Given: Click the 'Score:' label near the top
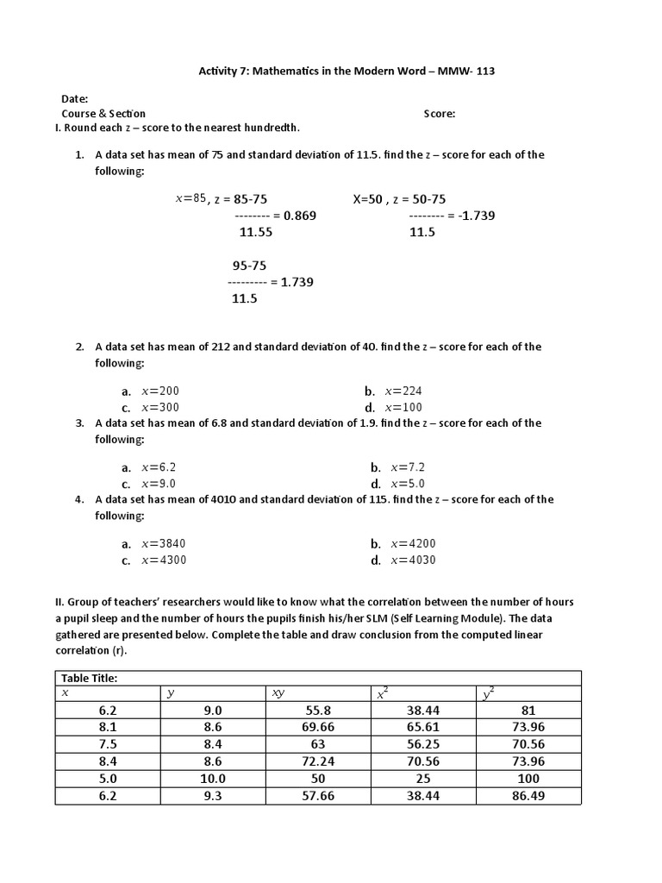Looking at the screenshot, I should [x=439, y=114].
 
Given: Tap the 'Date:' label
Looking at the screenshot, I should [x=74, y=99].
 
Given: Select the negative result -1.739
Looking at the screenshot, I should [x=478, y=216].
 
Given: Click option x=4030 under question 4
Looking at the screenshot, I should [x=413, y=560].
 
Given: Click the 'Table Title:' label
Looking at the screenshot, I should [x=88, y=678].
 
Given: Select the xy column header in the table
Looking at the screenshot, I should [x=278, y=693].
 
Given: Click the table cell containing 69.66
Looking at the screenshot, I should [x=318, y=727].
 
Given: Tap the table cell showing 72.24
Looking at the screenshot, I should [x=318, y=761].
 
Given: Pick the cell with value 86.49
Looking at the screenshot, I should [x=528, y=796].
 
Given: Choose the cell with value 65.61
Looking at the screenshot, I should [x=423, y=727].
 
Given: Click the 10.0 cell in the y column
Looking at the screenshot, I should [x=213, y=779].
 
